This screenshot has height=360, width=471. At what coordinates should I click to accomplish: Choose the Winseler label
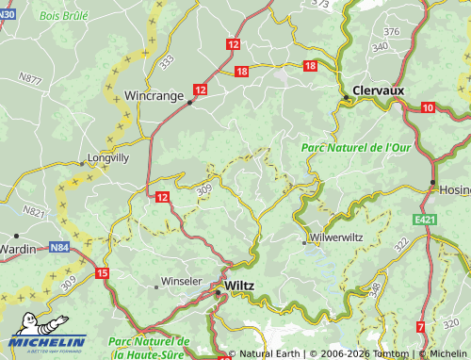pos(182,281)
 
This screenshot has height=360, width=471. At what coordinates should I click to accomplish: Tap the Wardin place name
pos(17,249)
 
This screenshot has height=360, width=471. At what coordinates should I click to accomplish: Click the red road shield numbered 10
pos(428,108)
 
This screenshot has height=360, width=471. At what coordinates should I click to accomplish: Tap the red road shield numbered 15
pos(103,273)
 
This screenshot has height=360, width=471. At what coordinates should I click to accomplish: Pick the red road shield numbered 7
pos(419,327)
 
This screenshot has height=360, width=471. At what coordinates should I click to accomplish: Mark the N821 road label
pos(34,212)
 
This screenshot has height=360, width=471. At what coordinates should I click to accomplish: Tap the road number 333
pos(167,61)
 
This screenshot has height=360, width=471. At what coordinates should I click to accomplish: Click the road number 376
pos(392,32)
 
